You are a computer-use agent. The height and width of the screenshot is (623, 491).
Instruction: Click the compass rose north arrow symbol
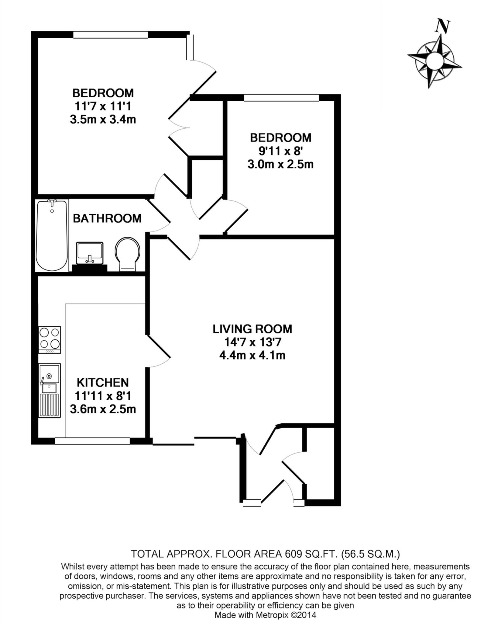(434, 61)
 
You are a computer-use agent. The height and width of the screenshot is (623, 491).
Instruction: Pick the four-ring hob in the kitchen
(50, 340)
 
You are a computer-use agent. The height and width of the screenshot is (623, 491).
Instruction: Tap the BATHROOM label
(107, 218)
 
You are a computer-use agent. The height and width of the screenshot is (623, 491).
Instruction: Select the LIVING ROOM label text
(252, 329)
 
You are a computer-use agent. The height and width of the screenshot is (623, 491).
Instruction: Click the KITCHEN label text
(103, 382)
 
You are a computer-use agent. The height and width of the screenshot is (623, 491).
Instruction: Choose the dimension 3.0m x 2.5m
(280, 165)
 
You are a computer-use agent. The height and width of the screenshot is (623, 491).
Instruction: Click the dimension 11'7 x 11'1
(103, 106)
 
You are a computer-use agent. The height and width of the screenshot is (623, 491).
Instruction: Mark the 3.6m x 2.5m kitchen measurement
(103, 409)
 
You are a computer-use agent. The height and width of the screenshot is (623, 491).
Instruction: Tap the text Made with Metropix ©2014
(265, 615)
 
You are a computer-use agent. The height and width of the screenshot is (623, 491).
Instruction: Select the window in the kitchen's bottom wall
(92, 441)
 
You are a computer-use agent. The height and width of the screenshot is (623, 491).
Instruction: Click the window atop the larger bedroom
(111, 34)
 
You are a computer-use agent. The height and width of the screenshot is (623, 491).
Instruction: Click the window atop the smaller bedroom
(281, 97)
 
